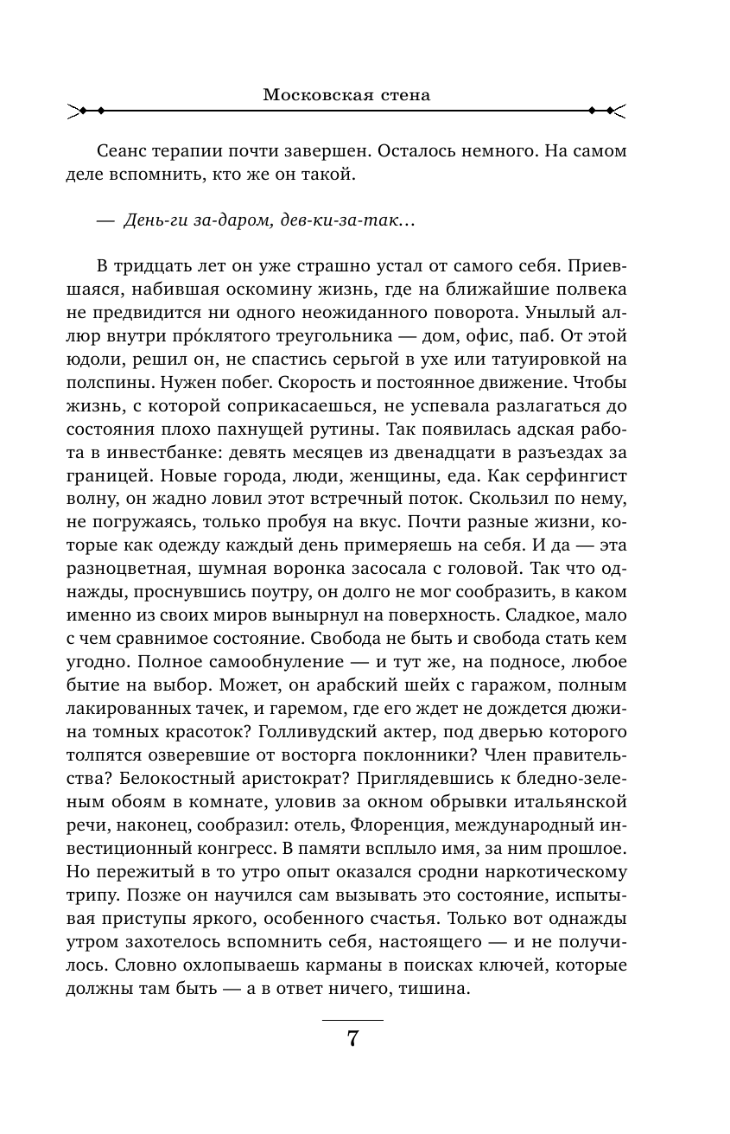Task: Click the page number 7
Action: coord(352,1038)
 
